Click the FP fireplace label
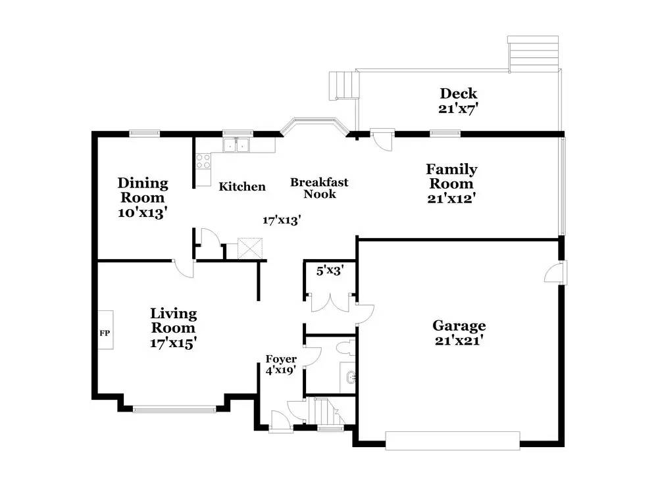(x=105, y=333)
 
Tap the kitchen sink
(x=236, y=145)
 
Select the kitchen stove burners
(x=203, y=162)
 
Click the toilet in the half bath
(x=346, y=347)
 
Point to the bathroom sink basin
(x=350, y=378)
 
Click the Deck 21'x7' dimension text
(x=459, y=108)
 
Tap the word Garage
(x=459, y=325)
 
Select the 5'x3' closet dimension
(x=330, y=271)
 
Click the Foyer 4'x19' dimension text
(x=281, y=370)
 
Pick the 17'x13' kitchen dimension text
(x=282, y=220)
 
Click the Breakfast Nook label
(x=319, y=188)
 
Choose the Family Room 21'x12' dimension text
(x=451, y=198)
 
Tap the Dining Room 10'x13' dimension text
(x=143, y=212)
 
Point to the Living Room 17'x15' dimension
(x=173, y=343)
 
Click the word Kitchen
(x=242, y=187)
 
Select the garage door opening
(x=453, y=441)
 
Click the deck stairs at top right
(x=533, y=53)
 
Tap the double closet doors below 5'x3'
(x=330, y=302)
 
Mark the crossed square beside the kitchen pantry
(x=250, y=249)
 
